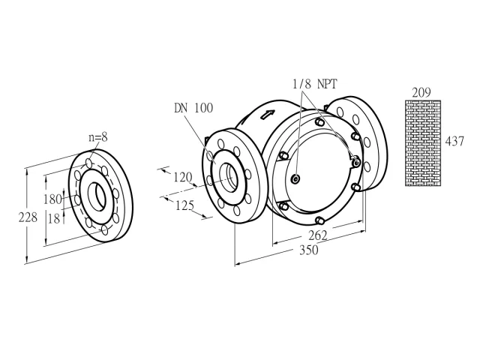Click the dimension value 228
(28, 217)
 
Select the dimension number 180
(52, 199)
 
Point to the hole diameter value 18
(54, 218)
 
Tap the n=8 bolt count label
(98, 137)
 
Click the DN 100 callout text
(193, 108)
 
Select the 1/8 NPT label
(315, 83)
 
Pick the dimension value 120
(183, 177)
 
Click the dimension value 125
(185, 205)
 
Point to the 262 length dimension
(318, 235)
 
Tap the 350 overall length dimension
(308, 250)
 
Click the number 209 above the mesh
(421, 92)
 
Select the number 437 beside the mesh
(454, 142)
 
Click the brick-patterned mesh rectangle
(423, 143)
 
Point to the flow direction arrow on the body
(267, 115)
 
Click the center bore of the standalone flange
(97, 196)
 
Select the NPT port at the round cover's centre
(295, 179)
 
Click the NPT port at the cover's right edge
(356, 162)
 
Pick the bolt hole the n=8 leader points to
(88, 163)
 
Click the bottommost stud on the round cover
(319, 220)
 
